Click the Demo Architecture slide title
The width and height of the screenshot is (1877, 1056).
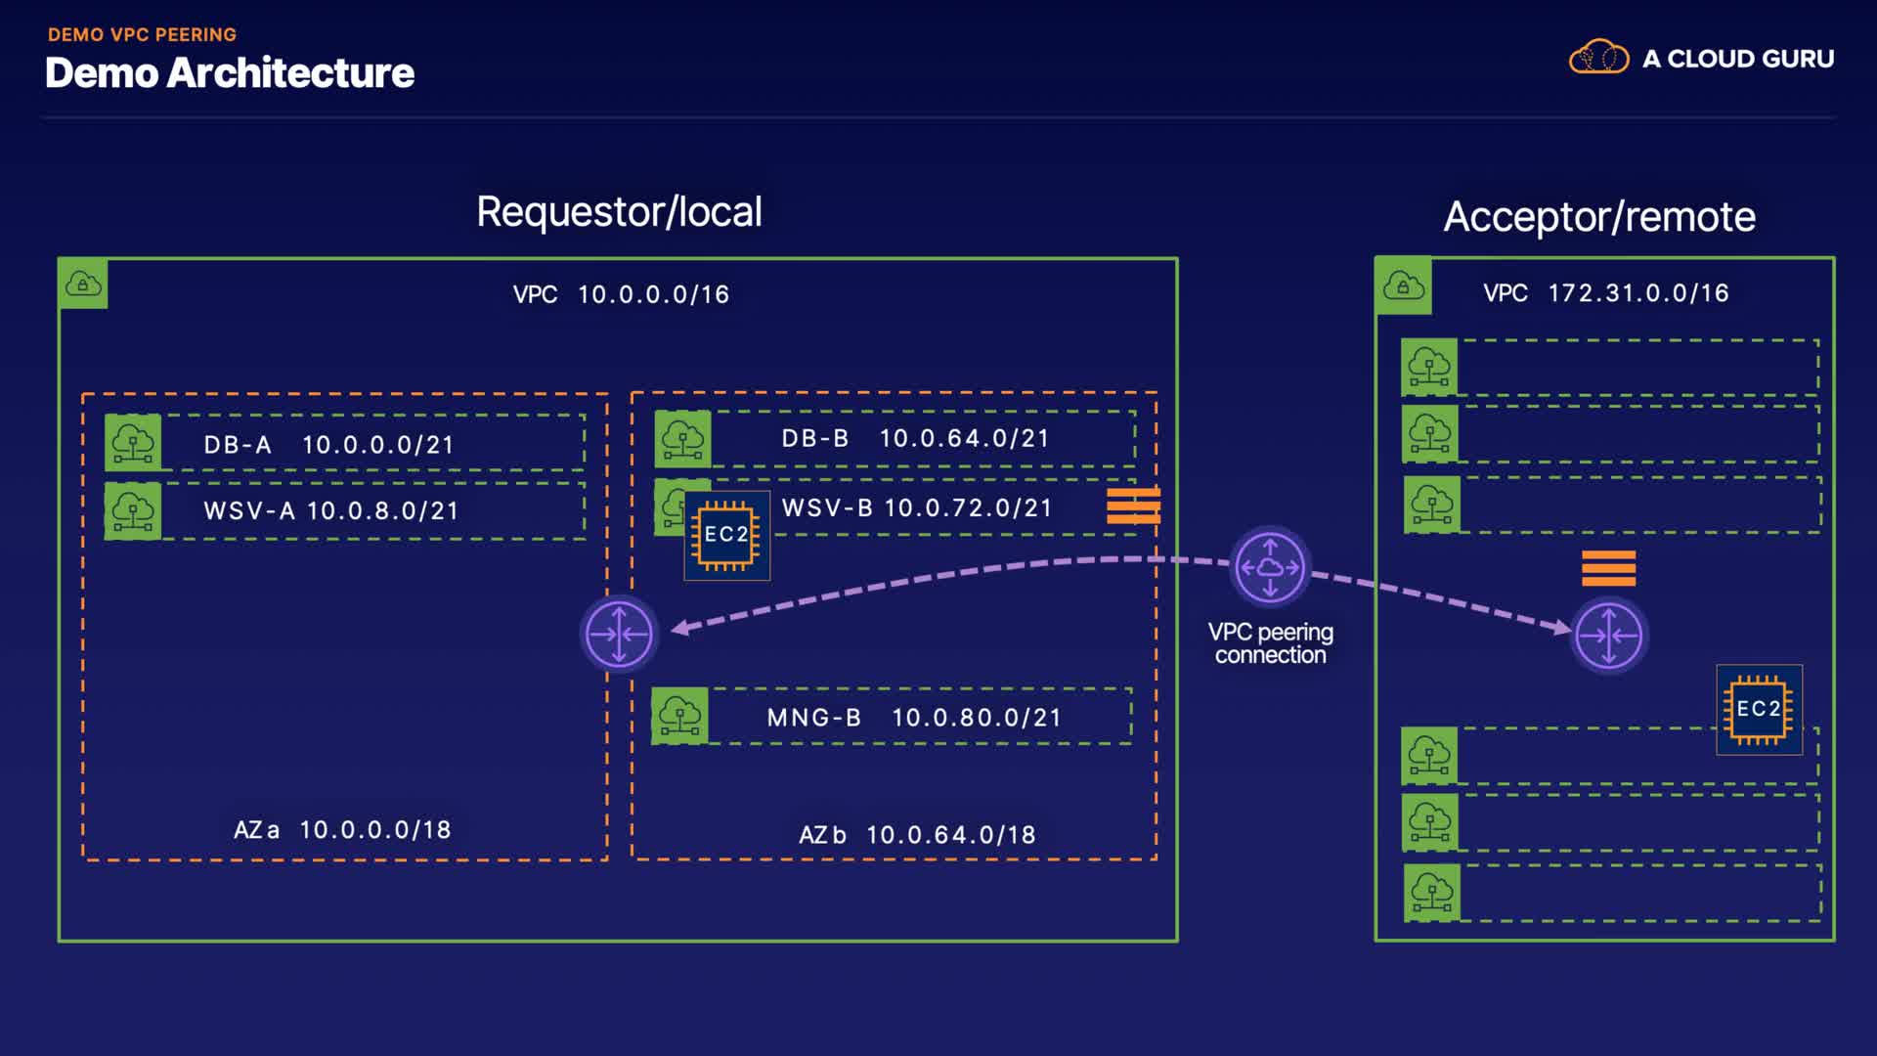[x=230, y=73]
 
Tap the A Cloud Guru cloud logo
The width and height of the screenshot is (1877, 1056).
[x=1598, y=58]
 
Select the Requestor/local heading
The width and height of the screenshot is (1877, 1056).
[x=619, y=212]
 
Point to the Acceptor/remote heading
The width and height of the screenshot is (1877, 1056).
[x=1599, y=217]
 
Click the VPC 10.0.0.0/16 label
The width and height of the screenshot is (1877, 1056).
[x=621, y=294]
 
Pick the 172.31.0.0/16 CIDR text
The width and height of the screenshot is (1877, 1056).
[x=1638, y=293]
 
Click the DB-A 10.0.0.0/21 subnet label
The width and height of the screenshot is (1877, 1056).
[x=329, y=445]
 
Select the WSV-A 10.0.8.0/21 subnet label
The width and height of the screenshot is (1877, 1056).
[x=331, y=510]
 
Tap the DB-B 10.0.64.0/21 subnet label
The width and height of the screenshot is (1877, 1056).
[x=915, y=438]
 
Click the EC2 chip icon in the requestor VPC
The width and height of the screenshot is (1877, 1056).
[x=726, y=535]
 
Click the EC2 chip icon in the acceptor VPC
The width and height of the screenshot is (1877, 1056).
[x=1759, y=709]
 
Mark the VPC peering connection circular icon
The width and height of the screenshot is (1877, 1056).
[x=1270, y=567]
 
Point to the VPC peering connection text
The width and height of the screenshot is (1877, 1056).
[x=1270, y=643]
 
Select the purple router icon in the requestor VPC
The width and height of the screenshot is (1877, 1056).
[x=619, y=634]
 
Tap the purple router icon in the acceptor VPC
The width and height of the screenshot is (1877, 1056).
[x=1609, y=636]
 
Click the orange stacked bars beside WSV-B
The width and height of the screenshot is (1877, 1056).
[x=1133, y=506]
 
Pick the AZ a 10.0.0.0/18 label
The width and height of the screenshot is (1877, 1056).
[x=342, y=830]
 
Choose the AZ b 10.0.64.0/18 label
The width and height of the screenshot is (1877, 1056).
[x=917, y=835]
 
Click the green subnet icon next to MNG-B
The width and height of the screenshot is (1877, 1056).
[x=679, y=717]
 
